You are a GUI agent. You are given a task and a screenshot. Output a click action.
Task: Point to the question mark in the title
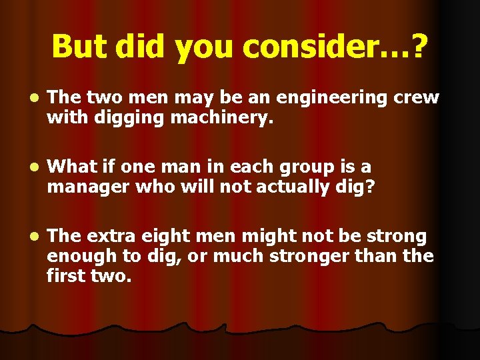tap(421, 47)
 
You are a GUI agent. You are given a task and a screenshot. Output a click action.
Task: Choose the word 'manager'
tap(85, 188)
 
